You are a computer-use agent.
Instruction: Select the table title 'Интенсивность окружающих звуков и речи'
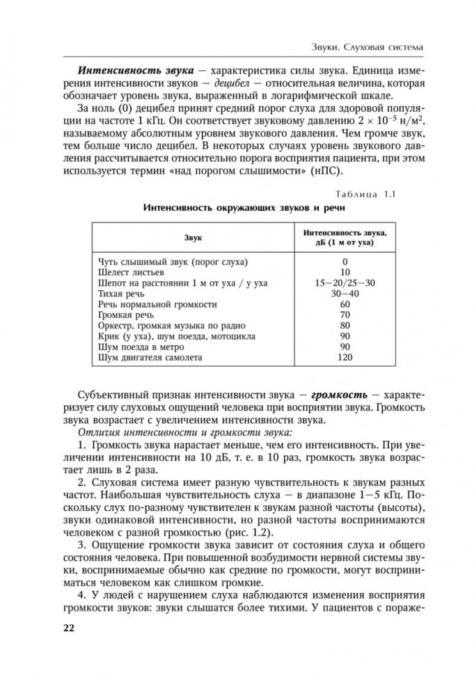point(243,208)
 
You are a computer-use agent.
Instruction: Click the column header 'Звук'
point(193,238)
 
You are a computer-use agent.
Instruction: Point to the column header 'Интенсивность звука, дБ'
point(345,238)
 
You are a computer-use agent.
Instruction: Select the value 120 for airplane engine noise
point(345,358)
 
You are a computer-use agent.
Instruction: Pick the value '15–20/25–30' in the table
point(345,283)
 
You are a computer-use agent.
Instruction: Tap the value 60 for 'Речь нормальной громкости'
point(345,304)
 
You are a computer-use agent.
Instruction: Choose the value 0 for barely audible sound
point(345,262)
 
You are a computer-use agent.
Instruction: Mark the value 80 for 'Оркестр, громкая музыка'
point(345,326)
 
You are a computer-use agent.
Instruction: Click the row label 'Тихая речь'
point(122,294)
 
